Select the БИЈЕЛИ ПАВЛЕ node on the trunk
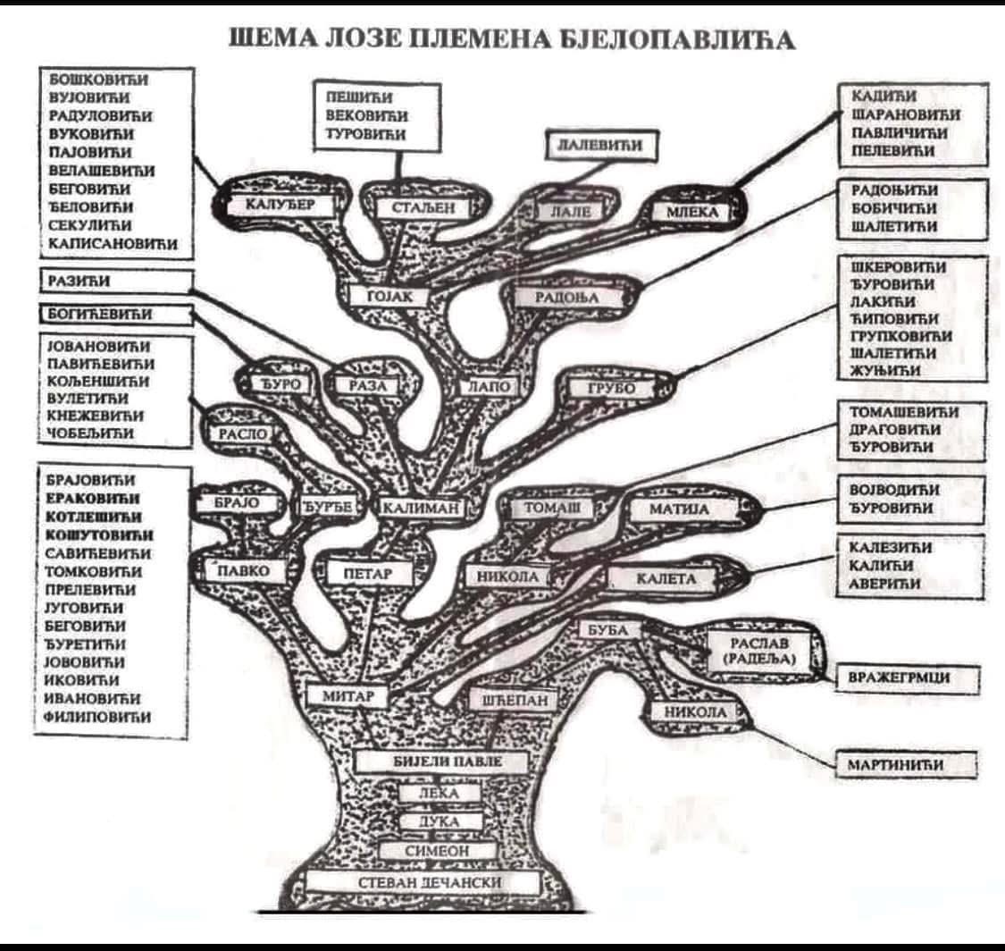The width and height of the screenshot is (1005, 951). [437, 762]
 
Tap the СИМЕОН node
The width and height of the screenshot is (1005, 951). [437, 851]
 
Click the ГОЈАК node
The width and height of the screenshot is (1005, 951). [390, 296]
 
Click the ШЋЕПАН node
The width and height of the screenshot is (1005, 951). [514, 701]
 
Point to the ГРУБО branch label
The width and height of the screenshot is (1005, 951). [611, 389]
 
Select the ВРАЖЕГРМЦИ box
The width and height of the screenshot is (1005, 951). [905, 678]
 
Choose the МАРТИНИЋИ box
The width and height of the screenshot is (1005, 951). [903, 764]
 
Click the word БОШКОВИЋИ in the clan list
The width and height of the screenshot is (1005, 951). [98, 79]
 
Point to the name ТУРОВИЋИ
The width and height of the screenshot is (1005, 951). [366, 134]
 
